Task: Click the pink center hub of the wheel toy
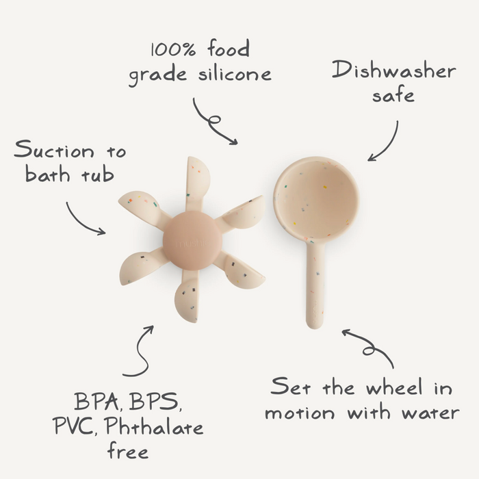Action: pyautogui.click(x=192, y=239)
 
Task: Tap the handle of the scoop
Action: pyautogui.click(x=315, y=287)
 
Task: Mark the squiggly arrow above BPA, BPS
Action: pyautogui.click(x=140, y=352)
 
